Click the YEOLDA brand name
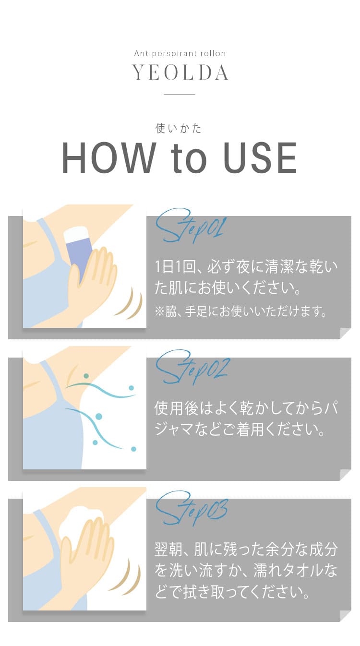pos(180,72)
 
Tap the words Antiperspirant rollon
pos(180,53)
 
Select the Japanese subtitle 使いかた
pos(178,128)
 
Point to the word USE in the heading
pos(260,158)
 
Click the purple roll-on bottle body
pos(79,257)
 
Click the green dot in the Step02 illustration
pos(86,376)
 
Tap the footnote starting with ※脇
pos(241,311)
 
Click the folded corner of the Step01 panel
pos(346,333)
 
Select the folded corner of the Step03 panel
pos(346,616)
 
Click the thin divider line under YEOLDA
pos(180,94)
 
